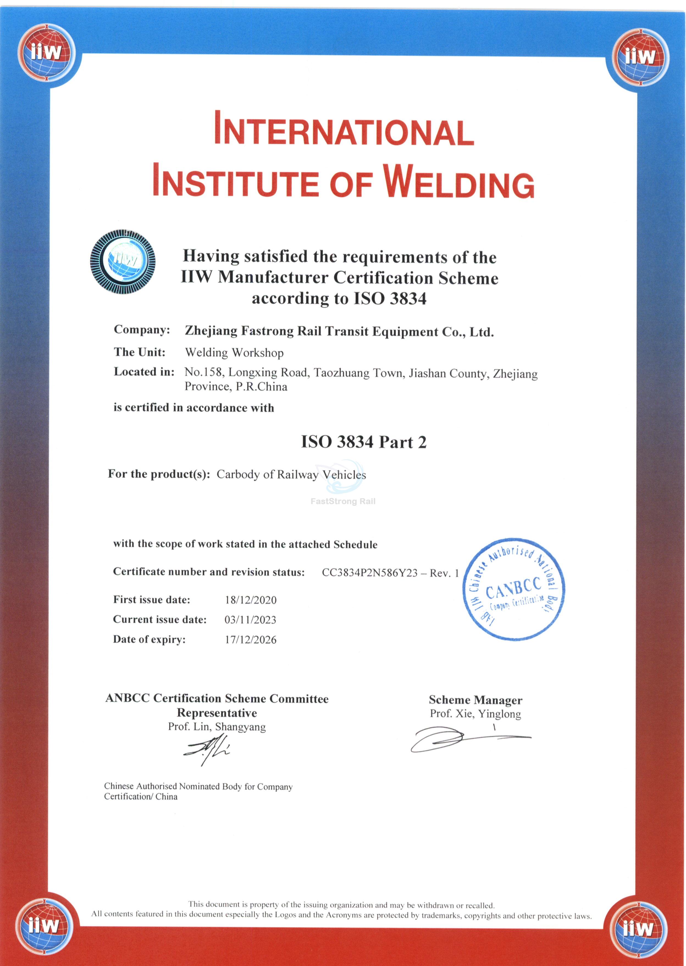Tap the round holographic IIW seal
123,262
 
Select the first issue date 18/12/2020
250,600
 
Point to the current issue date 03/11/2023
250,620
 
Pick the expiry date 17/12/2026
250,640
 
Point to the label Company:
142,330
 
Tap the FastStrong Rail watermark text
343,502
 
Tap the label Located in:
144,372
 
